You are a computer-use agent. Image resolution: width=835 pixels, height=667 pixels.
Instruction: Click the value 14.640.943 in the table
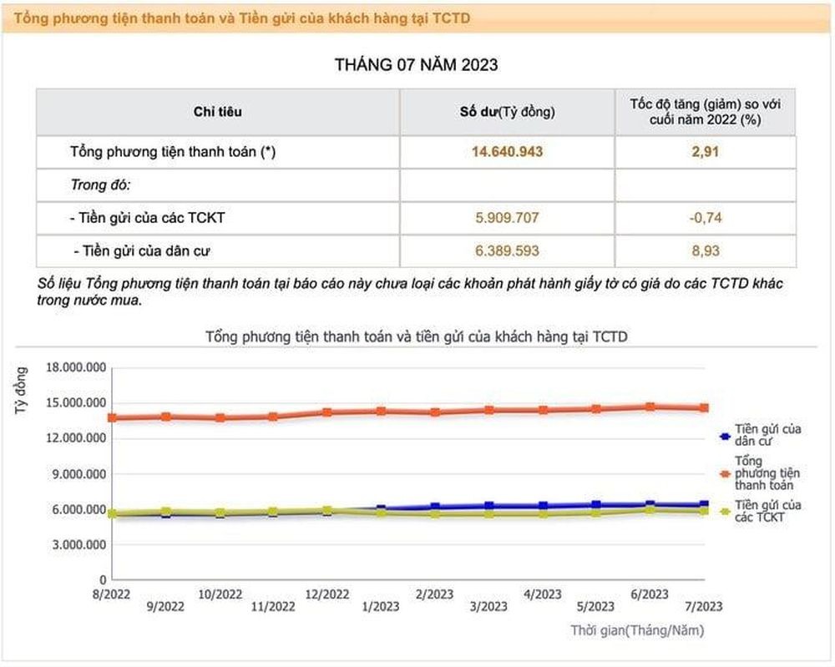(507, 153)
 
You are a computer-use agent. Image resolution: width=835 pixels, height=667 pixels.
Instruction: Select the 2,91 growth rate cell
(706, 153)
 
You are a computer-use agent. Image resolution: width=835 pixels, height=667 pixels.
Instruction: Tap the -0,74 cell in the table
(706, 218)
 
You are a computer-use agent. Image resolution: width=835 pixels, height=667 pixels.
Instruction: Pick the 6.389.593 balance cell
(507, 250)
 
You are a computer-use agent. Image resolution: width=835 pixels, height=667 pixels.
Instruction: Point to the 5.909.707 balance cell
(507, 218)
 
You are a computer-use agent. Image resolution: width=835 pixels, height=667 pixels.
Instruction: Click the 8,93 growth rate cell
(706, 250)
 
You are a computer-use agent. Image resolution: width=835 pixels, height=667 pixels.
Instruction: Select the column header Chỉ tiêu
(217, 112)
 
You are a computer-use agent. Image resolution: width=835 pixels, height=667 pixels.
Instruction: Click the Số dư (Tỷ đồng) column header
(507, 112)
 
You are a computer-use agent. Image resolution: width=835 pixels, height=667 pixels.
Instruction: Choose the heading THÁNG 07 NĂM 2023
(417, 64)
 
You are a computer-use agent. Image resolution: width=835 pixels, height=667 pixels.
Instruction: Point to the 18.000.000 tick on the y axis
(76, 367)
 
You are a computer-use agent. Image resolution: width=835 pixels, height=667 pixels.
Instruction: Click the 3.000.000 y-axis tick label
(78, 544)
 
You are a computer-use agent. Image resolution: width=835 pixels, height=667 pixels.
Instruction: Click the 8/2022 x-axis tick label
(111, 594)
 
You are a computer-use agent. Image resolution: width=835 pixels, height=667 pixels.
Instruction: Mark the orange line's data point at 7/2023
(704, 408)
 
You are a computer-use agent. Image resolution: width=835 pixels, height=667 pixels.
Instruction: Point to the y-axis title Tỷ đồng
(23, 391)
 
